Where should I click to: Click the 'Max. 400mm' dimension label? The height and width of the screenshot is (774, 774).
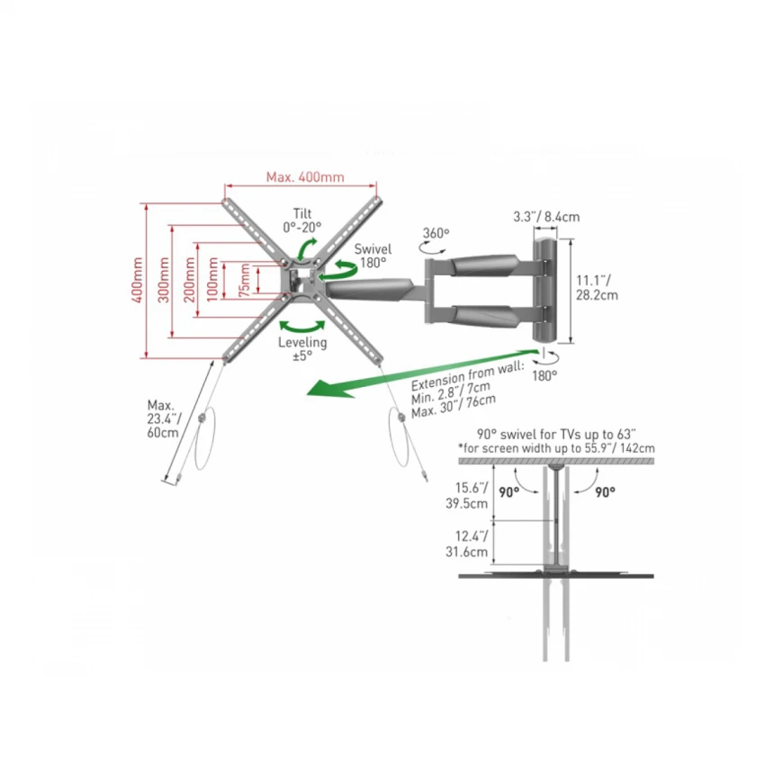[x=305, y=176]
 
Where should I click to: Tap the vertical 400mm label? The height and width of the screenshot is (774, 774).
[x=138, y=280]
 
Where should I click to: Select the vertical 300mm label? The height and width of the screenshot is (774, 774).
[x=164, y=280]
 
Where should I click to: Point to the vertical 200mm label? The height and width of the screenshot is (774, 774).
[x=190, y=280]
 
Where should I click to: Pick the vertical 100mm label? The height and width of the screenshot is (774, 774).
[x=212, y=280]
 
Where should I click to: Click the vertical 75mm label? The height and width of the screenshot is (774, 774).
[x=244, y=280]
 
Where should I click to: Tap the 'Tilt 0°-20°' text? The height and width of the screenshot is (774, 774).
[x=302, y=220]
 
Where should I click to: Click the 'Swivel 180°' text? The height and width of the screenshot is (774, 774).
[x=373, y=256]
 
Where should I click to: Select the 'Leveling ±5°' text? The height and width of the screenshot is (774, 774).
[x=302, y=348]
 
